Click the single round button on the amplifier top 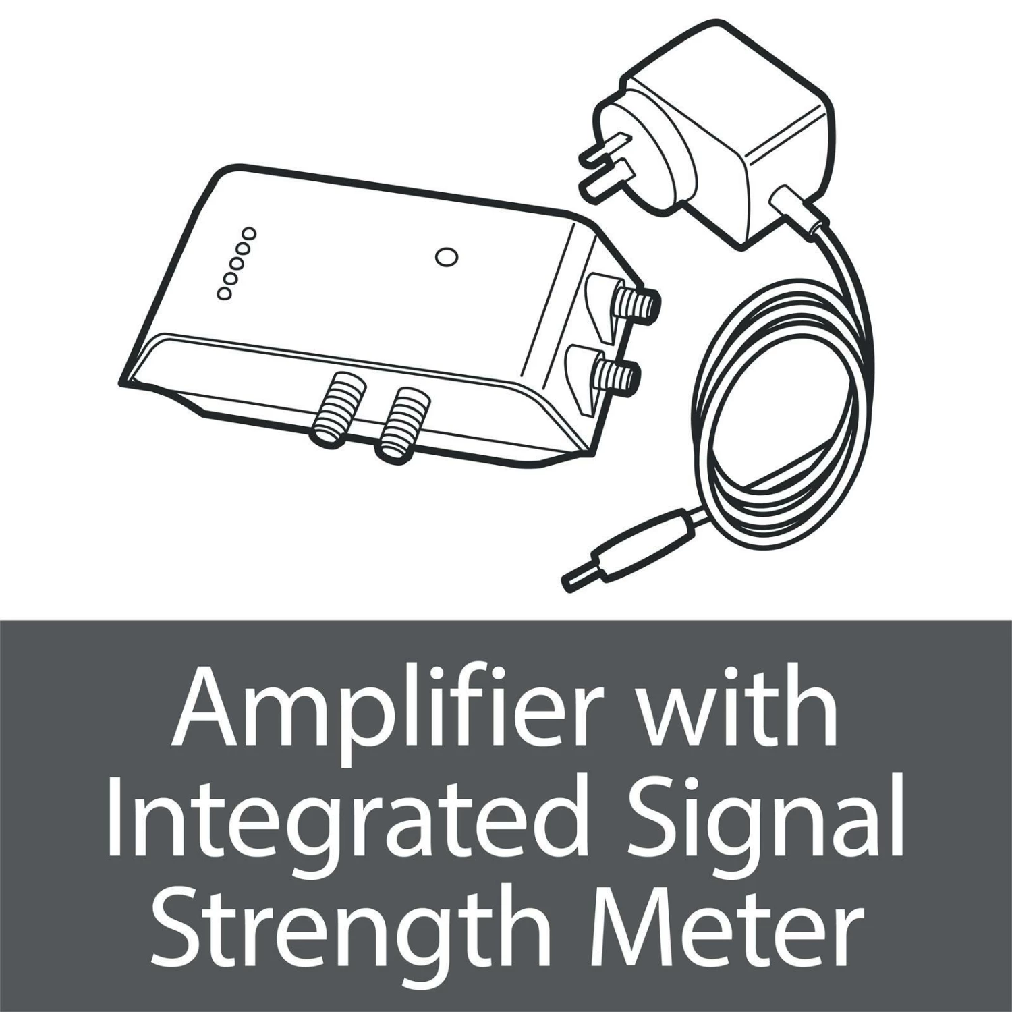(446, 257)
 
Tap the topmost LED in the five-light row (250, 233)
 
